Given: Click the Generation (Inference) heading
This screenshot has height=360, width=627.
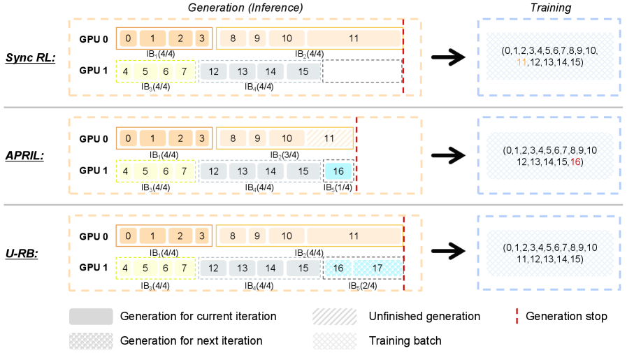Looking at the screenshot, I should click(x=245, y=8).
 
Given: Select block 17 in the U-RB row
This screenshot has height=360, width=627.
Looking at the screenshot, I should click(x=377, y=268).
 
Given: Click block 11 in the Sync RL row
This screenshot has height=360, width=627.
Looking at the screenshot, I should click(x=354, y=38).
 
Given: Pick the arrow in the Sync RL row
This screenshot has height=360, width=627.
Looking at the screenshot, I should click(x=452, y=59).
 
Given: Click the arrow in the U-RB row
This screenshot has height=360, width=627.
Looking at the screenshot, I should click(x=452, y=252).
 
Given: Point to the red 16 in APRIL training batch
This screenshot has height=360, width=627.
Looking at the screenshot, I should click(x=575, y=162).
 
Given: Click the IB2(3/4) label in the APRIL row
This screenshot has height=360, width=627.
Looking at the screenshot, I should click(x=287, y=154).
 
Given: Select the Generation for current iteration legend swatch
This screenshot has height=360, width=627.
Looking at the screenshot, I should click(x=91, y=317).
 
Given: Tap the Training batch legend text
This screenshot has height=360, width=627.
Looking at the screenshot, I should click(x=405, y=341).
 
